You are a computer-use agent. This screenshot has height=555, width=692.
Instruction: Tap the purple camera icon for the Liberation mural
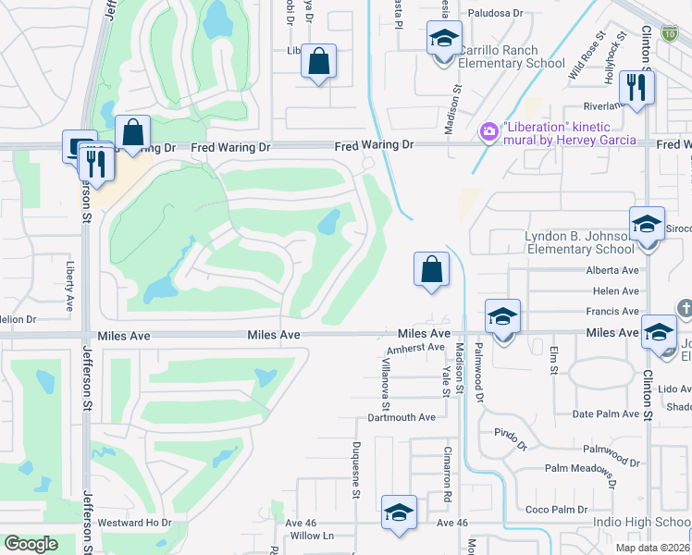pyautogui.click(x=488, y=133)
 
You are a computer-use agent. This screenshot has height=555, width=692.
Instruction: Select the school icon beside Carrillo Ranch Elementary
pyautogui.click(x=444, y=40)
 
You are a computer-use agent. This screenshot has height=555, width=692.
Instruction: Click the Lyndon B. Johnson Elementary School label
pyautogui.click(x=579, y=242)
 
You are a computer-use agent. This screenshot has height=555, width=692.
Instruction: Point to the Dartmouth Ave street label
pyautogui.click(x=401, y=417)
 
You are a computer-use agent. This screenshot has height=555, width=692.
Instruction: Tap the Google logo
pyautogui.click(x=31, y=544)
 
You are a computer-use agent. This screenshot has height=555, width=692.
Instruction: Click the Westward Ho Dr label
pyautogui.click(x=135, y=523)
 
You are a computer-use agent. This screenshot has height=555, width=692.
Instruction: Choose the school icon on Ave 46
pyautogui.click(x=399, y=512)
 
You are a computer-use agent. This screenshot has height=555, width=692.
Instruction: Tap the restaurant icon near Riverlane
pyautogui.click(x=636, y=87)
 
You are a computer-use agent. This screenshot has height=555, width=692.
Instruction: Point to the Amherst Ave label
pyautogui.click(x=416, y=348)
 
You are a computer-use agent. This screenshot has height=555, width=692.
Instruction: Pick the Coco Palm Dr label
pyautogui.click(x=556, y=510)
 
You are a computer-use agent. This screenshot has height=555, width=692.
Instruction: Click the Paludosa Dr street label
pyautogui.click(x=495, y=13)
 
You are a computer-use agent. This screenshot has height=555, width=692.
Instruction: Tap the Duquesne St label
pyautogui.click(x=355, y=469)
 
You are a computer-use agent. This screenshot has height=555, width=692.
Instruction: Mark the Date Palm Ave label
pyautogui.click(x=606, y=413)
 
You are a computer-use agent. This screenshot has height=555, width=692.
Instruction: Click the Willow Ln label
pyautogui.click(x=312, y=536)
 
